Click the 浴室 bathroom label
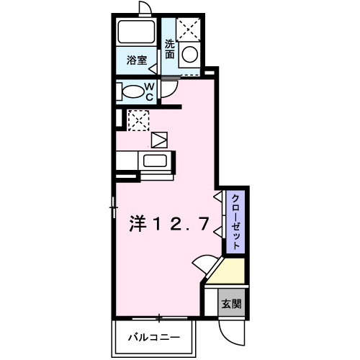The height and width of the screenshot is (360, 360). [x=138, y=60]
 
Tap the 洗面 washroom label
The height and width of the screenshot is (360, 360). [x=171, y=48]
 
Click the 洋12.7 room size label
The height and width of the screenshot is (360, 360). [x=169, y=224]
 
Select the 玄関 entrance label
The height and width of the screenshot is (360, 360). [x=231, y=303]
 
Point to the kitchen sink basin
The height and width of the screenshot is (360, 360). [x=155, y=161]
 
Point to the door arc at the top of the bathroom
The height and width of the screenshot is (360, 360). [x=144, y=8]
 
